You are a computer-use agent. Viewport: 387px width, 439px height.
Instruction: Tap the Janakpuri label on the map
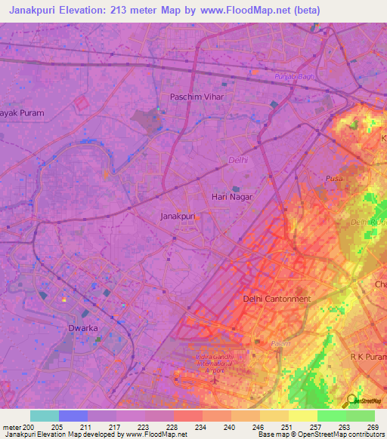(x=178, y=216)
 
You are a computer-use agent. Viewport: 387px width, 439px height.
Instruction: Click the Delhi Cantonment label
(x=277, y=299)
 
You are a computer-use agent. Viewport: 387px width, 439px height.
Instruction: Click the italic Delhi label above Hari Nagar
(x=238, y=160)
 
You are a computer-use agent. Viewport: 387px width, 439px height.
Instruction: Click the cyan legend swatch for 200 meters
(x=44, y=416)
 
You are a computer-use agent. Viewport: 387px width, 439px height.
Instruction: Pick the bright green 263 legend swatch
(x=331, y=416)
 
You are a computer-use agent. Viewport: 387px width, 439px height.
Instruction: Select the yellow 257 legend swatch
(x=302, y=416)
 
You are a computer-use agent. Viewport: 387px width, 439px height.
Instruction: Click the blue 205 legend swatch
(x=73, y=416)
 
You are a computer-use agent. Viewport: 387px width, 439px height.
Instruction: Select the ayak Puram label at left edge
(x=22, y=113)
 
